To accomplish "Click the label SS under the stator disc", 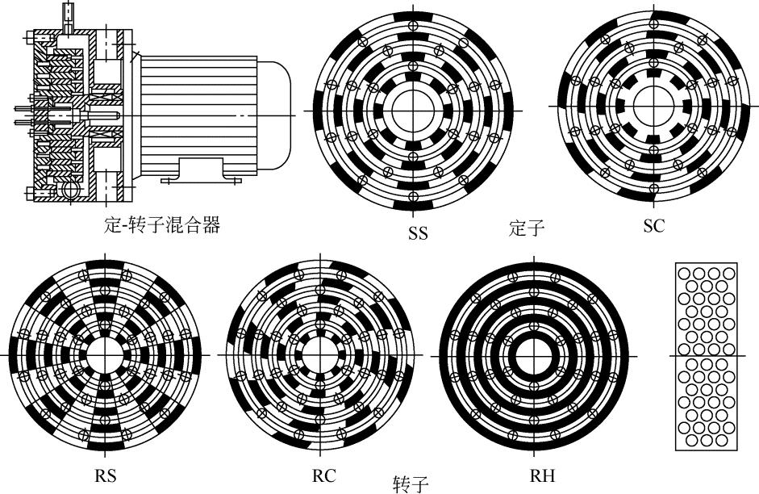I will (x=418, y=234).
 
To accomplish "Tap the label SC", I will (x=654, y=226).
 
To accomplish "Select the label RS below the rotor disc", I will (x=105, y=475).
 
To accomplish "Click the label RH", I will (x=544, y=475).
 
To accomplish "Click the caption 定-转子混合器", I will (x=163, y=225).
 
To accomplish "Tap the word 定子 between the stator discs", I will (x=528, y=228).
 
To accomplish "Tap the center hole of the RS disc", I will (x=102, y=355).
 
